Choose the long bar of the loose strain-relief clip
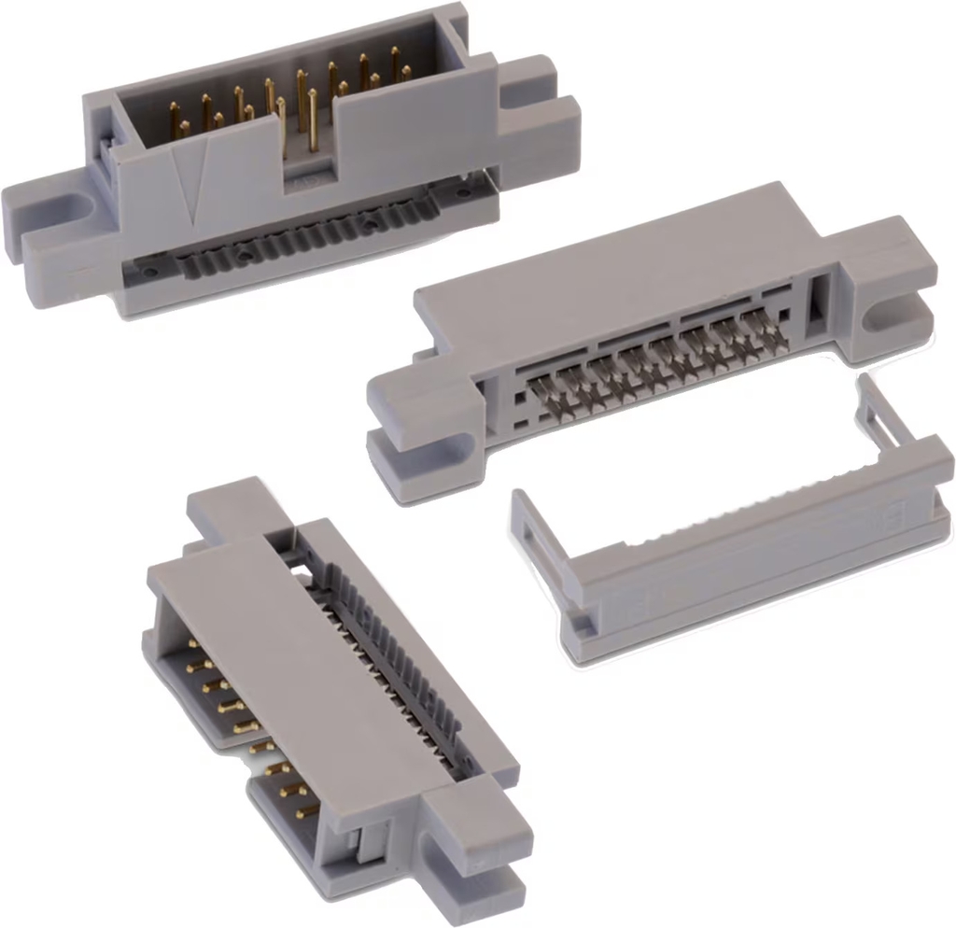[747, 560]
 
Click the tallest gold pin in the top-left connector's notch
[302, 103]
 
